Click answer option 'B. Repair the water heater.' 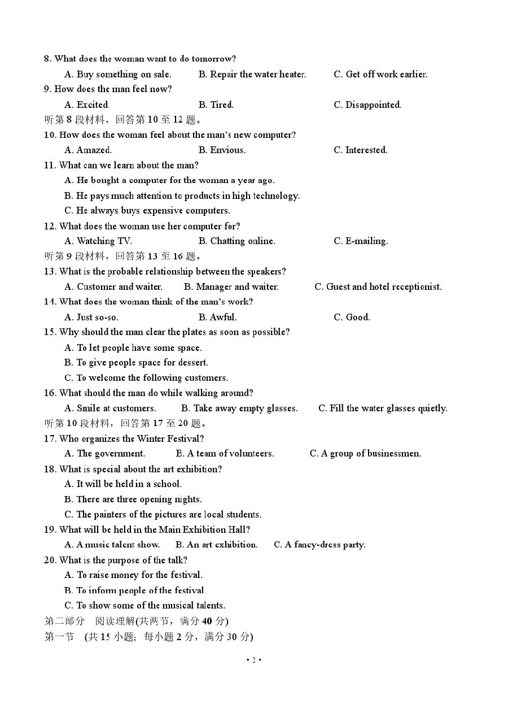point(252,75)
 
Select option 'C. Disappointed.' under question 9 point(367,105)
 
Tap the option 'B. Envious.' point(222,150)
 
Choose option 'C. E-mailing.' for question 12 point(361,241)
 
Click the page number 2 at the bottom point(254,660)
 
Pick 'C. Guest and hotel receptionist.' point(378,287)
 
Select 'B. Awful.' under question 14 point(217,318)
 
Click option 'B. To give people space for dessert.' point(136,363)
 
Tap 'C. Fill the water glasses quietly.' point(383,409)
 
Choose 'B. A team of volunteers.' point(225,454)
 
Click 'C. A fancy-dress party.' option point(319,545)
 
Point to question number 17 point(50,439)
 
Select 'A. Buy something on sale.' point(117,75)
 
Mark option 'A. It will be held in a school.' point(123,484)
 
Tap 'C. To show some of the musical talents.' point(144,606)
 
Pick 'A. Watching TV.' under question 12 point(98,241)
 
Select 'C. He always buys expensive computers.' point(147,211)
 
